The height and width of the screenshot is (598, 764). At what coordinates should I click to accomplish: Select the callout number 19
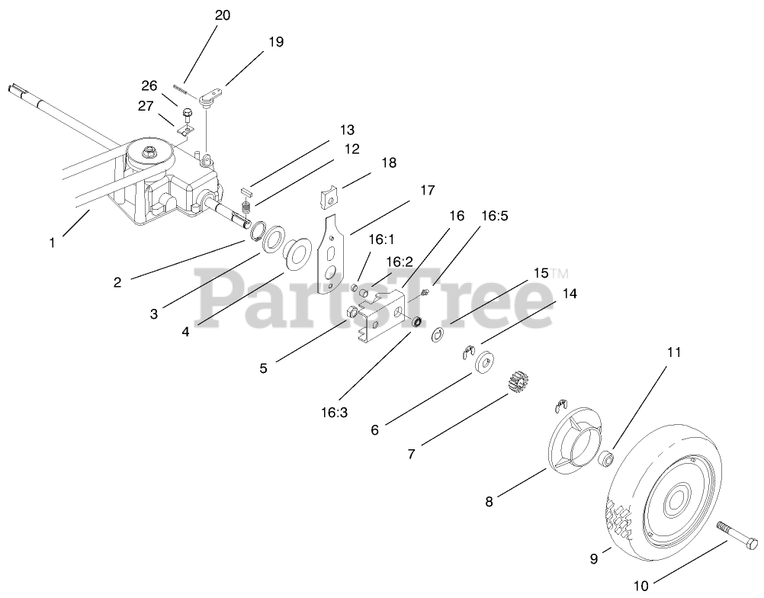pyautogui.click(x=275, y=42)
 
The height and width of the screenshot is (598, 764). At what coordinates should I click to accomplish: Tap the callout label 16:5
pyautogui.click(x=496, y=216)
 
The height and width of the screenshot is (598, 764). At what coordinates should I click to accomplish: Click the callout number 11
pyautogui.click(x=673, y=352)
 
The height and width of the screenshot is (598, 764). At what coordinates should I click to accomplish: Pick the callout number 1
pyautogui.click(x=52, y=243)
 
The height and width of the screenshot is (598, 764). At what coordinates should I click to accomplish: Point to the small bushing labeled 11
pyautogui.click(x=607, y=458)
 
